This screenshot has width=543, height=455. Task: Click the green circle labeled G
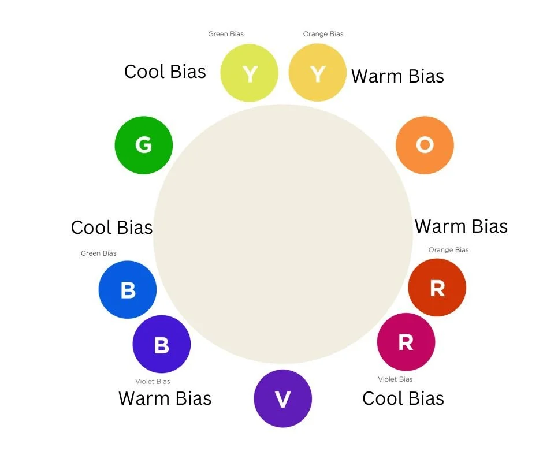144,145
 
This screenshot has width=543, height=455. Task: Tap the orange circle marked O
425,145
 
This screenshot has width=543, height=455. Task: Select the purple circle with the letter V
283,398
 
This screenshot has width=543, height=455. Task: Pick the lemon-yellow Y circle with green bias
250,74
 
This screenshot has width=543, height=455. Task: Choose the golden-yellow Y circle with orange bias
317,74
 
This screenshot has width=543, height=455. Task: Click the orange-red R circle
437,288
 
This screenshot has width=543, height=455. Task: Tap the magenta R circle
406,342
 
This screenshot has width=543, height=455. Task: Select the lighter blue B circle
128,289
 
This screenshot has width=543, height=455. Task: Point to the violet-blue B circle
162,344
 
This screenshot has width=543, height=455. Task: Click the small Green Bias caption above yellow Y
226,34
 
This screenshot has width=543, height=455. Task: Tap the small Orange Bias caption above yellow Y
323,34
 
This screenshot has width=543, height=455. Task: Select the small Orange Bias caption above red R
449,250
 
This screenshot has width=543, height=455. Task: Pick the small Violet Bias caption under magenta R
396,379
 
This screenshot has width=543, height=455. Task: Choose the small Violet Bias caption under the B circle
153,381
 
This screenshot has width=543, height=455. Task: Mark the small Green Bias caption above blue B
99,253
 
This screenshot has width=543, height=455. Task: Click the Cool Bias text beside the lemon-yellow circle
165,72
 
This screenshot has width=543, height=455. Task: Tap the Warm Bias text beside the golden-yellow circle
397,76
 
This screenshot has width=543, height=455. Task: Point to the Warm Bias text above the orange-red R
461,226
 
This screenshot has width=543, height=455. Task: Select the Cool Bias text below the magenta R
403,398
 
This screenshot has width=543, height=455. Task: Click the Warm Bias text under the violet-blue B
165,398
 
